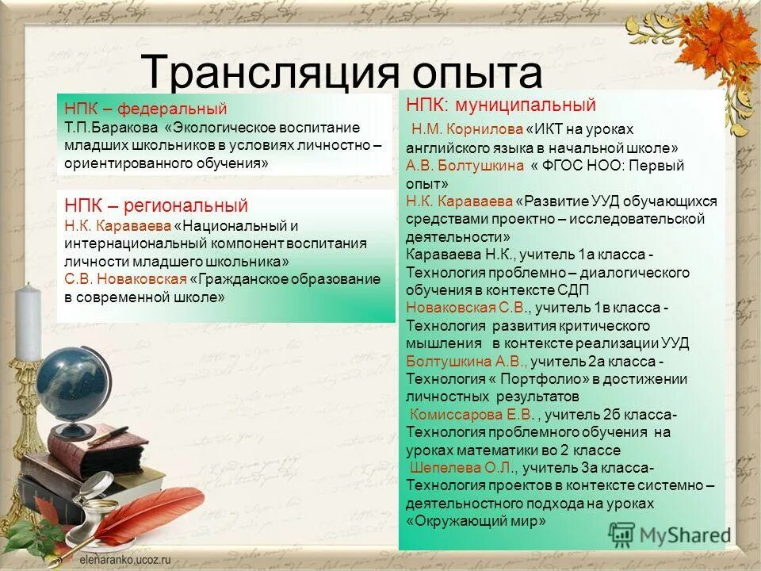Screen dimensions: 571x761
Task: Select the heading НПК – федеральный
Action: click(x=146, y=109)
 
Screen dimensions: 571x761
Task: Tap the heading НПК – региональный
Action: click(x=156, y=206)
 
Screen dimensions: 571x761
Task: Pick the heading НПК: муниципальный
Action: click(x=500, y=105)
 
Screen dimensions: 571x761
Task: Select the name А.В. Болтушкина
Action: click(x=465, y=166)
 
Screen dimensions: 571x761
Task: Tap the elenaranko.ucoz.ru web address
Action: click(x=117, y=560)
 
